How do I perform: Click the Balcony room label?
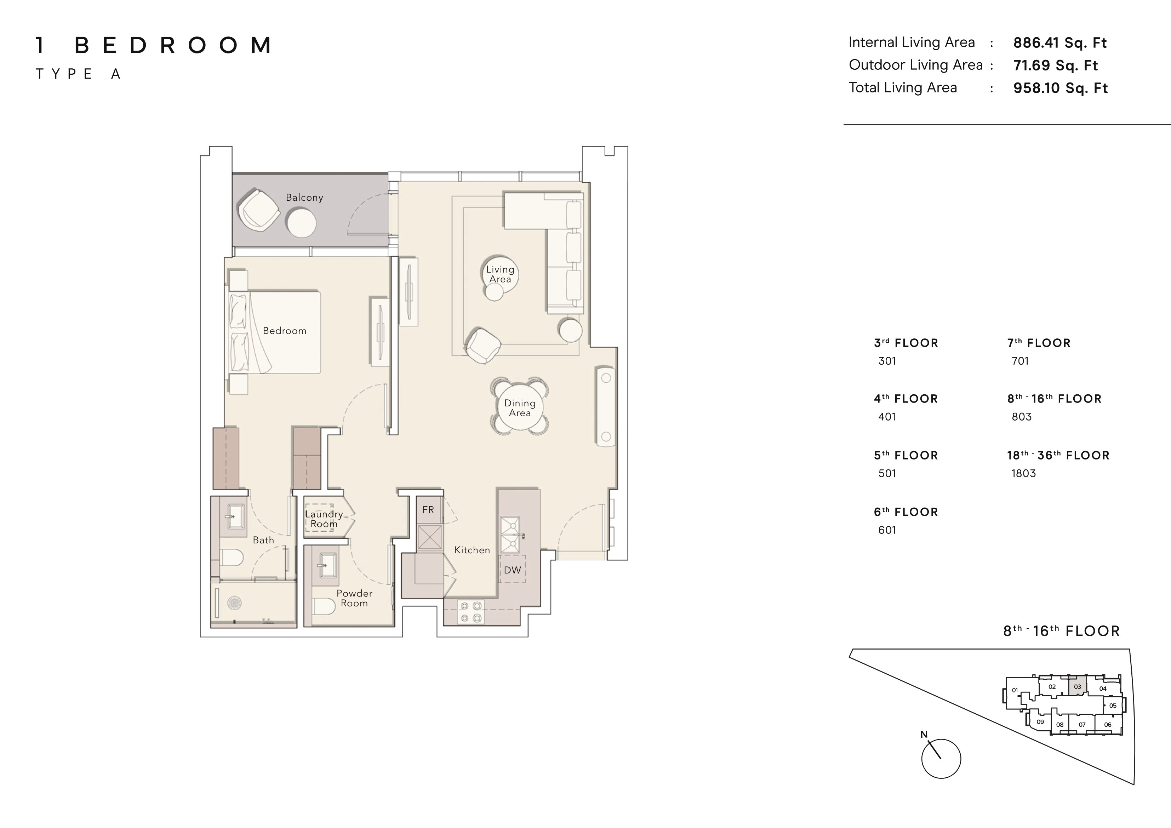pyautogui.click(x=304, y=198)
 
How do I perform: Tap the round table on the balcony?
pyautogui.click(x=301, y=223)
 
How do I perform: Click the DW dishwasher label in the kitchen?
pyautogui.click(x=513, y=570)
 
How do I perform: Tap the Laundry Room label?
pyautogui.click(x=324, y=519)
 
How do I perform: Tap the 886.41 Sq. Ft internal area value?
pyautogui.click(x=1060, y=43)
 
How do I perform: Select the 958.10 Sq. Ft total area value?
pyautogui.click(x=1060, y=88)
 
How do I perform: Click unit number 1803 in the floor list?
pyautogui.click(x=1024, y=473)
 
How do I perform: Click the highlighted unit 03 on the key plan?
pyautogui.click(x=1077, y=686)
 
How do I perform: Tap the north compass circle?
pyautogui.click(x=941, y=759)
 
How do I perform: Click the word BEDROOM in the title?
pyautogui.click(x=173, y=45)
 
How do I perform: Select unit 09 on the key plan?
pyautogui.click(x=1040, y=722)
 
